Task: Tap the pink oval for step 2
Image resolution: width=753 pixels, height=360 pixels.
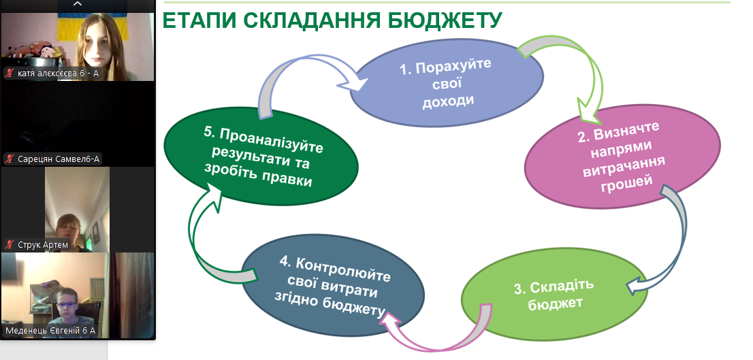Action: coord(622,157)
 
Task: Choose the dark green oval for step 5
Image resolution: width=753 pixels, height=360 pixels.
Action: coord(261,156)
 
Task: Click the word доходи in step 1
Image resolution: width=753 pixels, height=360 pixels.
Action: coord(448,101)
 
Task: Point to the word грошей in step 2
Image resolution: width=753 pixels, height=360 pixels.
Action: coord(625,183)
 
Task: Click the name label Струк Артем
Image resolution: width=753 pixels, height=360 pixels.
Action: coord(43,245)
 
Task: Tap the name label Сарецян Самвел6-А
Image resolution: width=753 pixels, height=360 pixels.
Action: coord(59,159)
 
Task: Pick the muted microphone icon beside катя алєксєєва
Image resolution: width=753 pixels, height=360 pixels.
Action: coord(9,73)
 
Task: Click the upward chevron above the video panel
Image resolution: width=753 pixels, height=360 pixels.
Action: coord(78,4)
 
